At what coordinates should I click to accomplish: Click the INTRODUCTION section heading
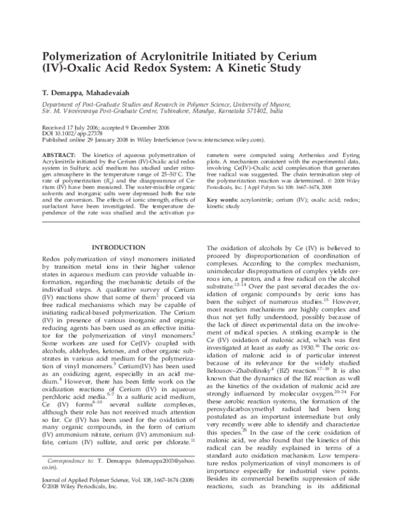point(118,247)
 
